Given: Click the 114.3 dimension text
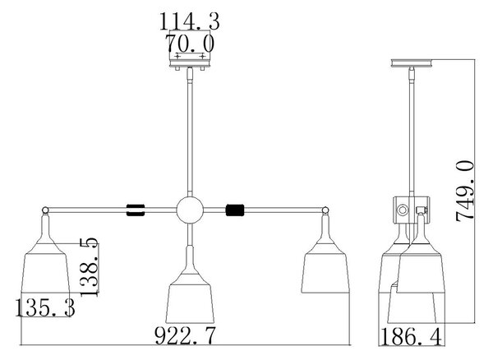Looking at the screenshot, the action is tap(190, 21).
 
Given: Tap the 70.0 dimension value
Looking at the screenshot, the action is tap(190, 44).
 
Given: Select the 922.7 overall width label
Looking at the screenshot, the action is tap(186, 336).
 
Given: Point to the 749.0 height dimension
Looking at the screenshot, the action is tap(464, 191).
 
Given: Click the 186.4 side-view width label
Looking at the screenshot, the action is tap(411, 337).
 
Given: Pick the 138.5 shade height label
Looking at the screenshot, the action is tap(90, 266).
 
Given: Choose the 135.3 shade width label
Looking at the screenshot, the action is tap(45, 307).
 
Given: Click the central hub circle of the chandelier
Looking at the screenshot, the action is tap(190, 210).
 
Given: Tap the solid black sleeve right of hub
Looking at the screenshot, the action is tap(235, 210).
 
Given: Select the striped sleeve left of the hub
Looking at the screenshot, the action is tap(136, 210).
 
